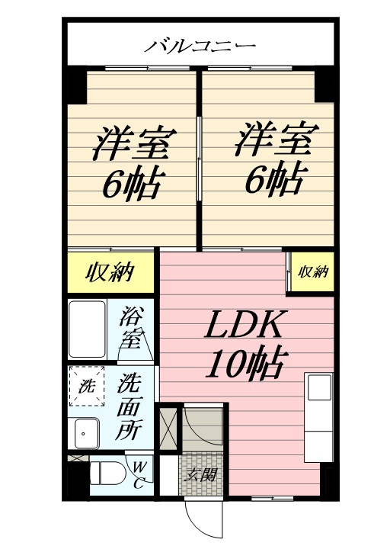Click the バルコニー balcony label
(x=200, y=47)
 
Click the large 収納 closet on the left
(x=110, y=272)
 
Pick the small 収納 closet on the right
(x=312, y=271)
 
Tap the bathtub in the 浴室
(x=87, y=329)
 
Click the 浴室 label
(x=130, y=327)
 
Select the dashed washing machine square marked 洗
(x=86, y=386)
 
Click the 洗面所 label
(x=129, y=407)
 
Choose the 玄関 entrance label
(x=201, y=475)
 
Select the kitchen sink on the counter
(x=319, y=387)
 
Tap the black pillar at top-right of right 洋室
(x=325, y=85)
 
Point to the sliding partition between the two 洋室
(x=199, y=159)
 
